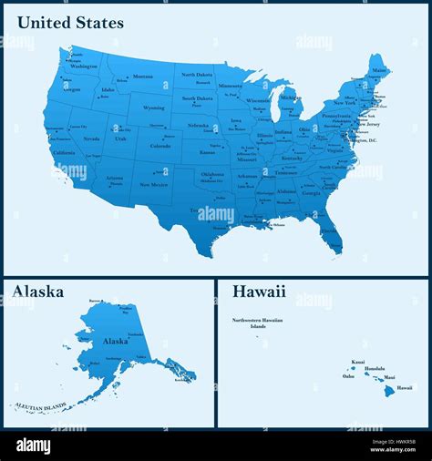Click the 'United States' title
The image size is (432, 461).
[69, 23]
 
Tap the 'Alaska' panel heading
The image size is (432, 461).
[37, 292]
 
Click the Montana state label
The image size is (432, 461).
[143, 77]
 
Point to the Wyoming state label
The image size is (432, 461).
[153, 107]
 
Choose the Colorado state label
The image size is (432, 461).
[159, 145]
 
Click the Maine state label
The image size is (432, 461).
[378, 69]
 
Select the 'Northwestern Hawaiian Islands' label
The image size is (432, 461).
[257, 323]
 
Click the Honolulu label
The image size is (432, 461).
[375, 368]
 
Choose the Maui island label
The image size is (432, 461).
[389, 376]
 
